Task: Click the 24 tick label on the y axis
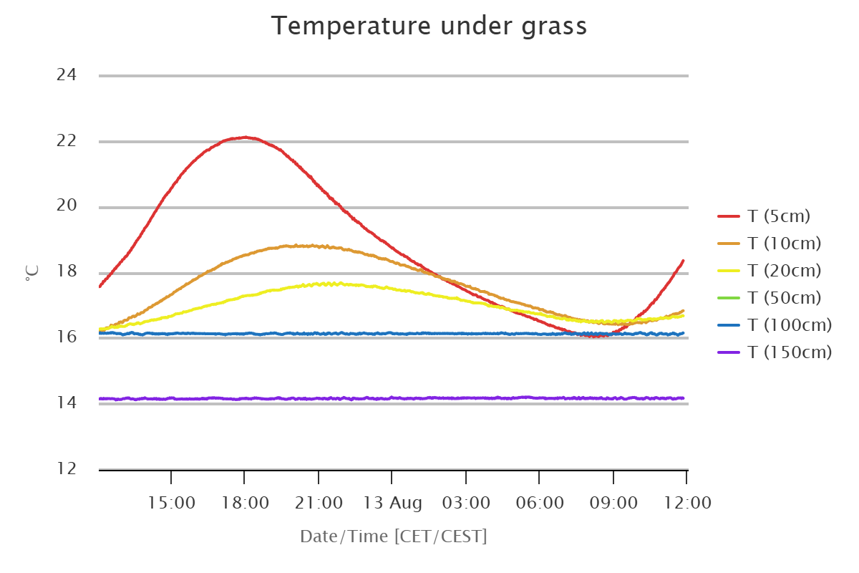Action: [67, 74]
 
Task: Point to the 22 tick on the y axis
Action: [67, 141]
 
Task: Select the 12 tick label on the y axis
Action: [67, 468]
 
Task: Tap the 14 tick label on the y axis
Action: [67, 403]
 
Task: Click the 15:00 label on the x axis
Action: [171, 503]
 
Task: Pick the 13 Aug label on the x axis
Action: [392, 504]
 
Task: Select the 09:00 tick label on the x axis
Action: [613, 503]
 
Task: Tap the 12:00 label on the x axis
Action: [687, 503]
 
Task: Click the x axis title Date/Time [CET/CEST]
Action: [394, 536]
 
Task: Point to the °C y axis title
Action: [32, 273]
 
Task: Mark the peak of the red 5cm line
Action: [246, 137]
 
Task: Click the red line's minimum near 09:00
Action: [595, 336]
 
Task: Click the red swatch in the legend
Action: [729, 216]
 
